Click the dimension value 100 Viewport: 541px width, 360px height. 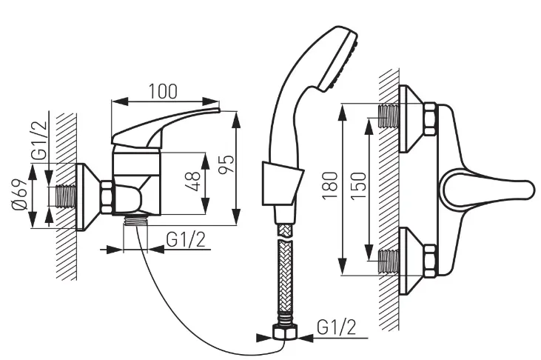[x=164, y=91]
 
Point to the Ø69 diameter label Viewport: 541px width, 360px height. [x=19, y=195]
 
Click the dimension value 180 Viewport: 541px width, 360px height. [x=330, y=185]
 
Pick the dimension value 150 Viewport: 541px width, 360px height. [x=358, y=185]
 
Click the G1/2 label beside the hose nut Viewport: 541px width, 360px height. [x=337, y=327]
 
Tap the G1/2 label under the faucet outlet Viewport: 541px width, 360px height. [x=186, y=239]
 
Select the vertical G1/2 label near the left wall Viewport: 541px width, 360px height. [x=38, y=139]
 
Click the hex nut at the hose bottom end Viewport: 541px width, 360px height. [x=285, y=333]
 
